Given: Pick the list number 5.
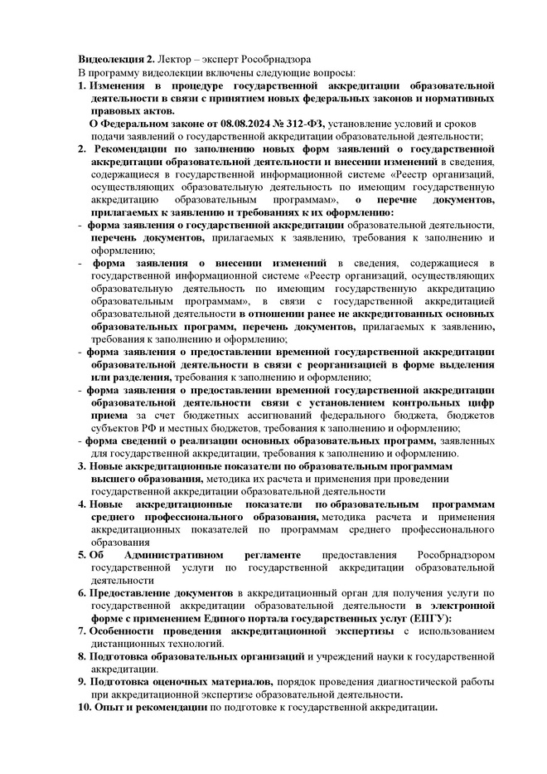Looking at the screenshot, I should coord(82,553).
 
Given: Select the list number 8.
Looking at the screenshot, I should coord(82,657).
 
